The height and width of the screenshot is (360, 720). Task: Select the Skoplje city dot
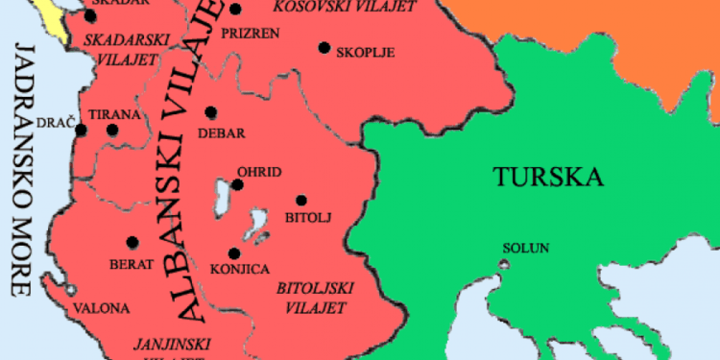point(324,47)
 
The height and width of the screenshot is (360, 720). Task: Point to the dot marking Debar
point(211,112)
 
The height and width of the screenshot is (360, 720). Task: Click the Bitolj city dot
point(301,200)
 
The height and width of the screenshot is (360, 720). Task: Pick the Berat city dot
point(132,242)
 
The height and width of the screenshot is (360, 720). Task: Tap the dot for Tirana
point(112,130)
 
